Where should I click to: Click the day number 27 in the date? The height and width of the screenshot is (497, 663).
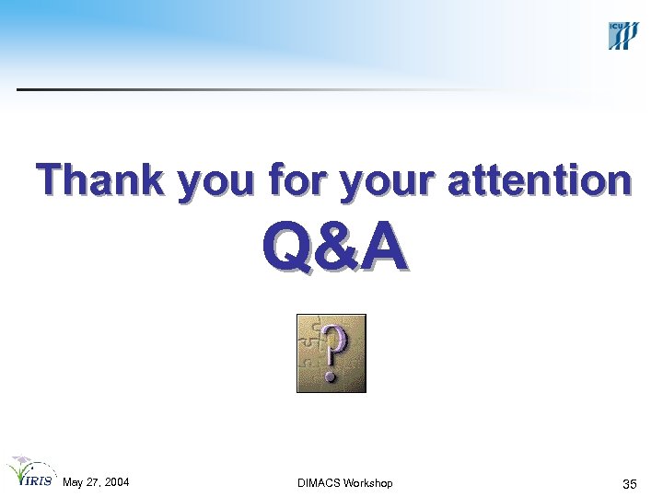93,483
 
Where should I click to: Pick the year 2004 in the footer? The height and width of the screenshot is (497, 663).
116,483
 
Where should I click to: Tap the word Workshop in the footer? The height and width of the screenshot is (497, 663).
369,483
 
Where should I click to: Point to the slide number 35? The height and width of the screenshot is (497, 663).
630,484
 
